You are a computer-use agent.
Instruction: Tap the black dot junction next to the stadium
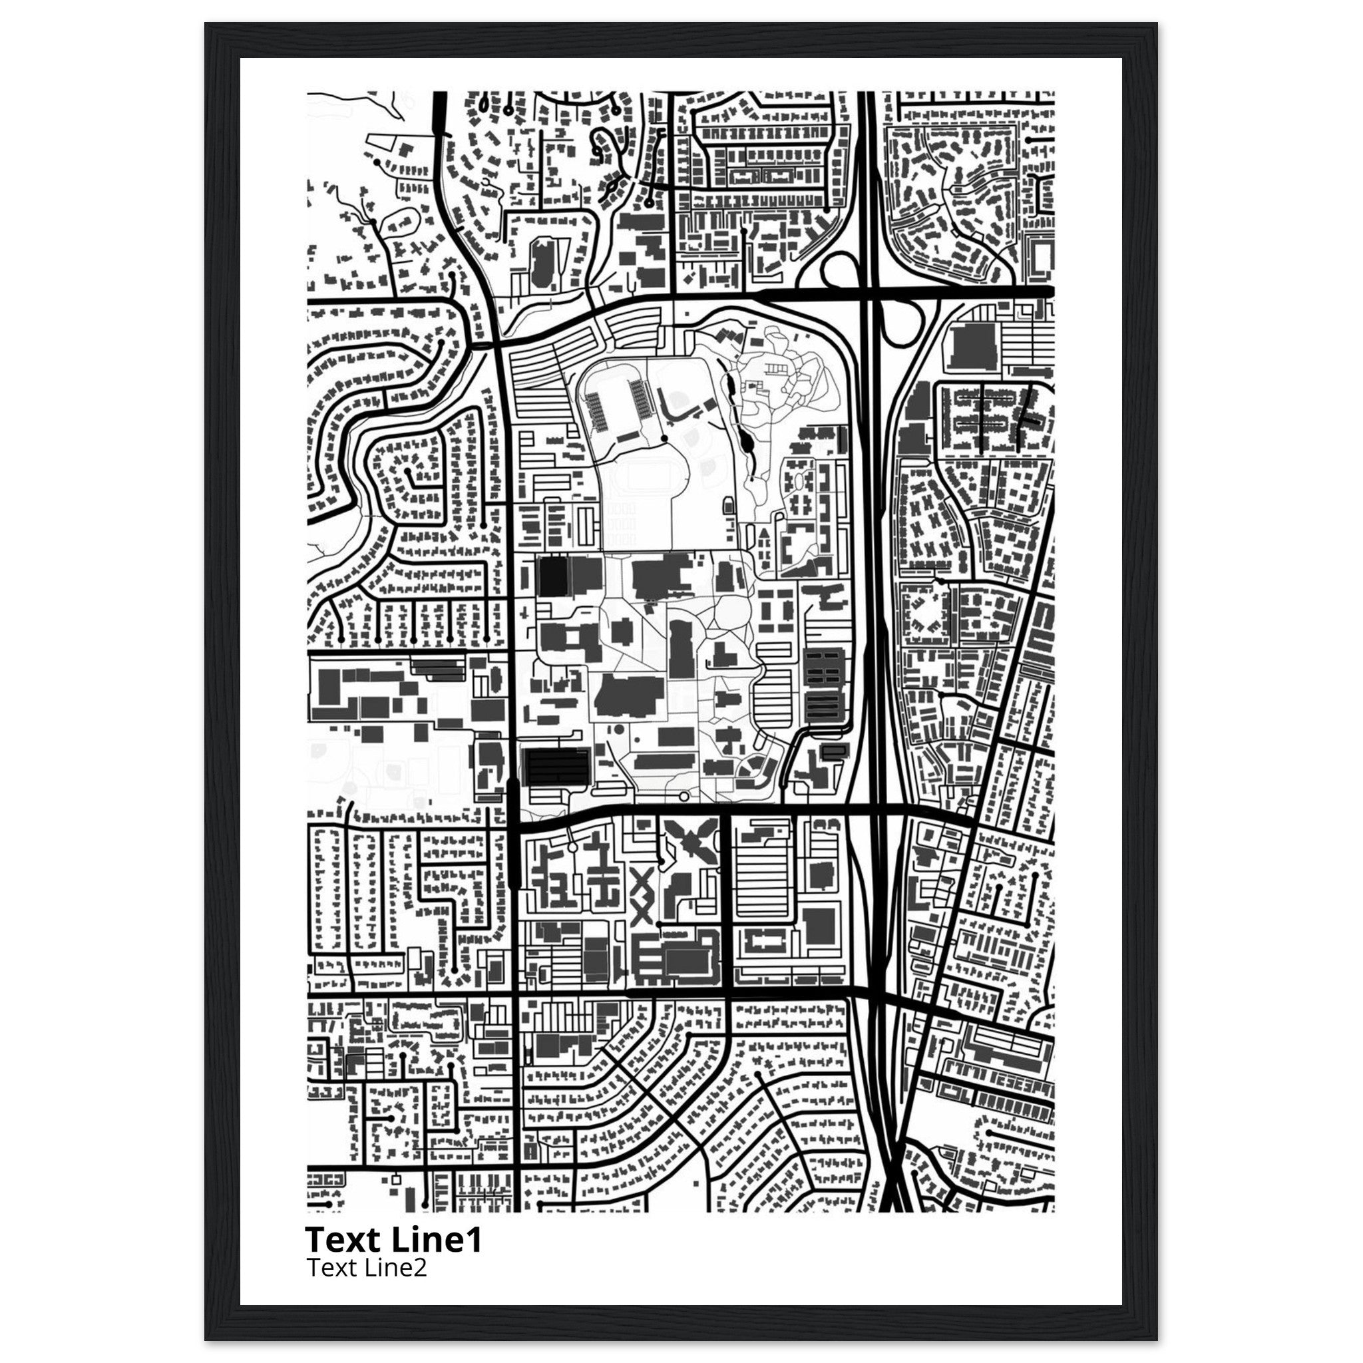(664, 438)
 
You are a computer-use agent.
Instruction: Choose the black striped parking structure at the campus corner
(556, 765)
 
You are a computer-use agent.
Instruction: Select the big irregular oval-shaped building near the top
(542, 262)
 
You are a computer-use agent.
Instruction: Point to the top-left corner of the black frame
(207, 24)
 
